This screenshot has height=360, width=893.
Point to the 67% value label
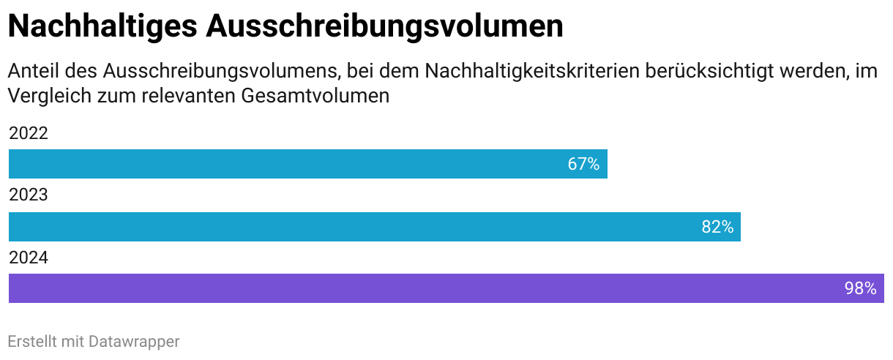click(x=583, y=164)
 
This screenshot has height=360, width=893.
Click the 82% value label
click(x=717, y=227)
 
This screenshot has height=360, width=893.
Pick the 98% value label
click(x=860, y=288)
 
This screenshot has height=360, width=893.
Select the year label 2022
click(x=29, y=134)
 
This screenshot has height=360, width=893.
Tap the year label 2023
click(x=29, y=196)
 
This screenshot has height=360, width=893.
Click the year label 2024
click(x=29, y=258)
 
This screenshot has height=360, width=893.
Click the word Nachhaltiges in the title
click(x=102, y=27)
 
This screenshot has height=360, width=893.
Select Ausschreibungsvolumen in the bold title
click(x=384, y=27)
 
